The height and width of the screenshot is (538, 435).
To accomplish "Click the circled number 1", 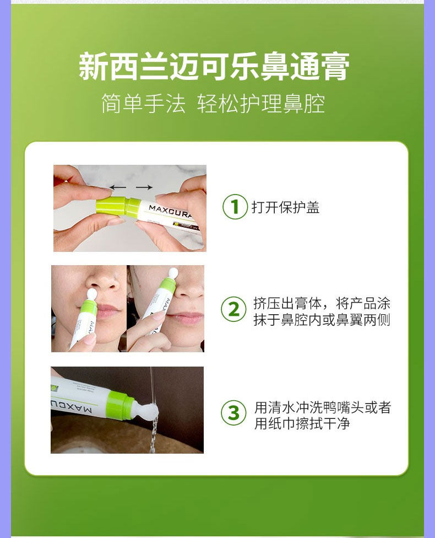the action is coord(235,207).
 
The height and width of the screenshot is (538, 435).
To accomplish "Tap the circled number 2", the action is coord(233,309).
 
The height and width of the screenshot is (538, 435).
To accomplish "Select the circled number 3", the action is coord(233,413).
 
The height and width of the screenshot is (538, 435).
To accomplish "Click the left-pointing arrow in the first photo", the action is coord(118,187).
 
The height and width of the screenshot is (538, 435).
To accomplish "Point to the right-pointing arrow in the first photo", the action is coord(144,187).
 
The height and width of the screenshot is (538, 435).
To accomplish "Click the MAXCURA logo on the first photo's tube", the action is coord(171,212).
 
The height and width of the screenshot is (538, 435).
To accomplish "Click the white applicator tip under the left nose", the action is coord(92,294).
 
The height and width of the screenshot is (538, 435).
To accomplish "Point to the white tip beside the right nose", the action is coord(173,273).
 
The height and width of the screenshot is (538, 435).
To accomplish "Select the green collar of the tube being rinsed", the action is coord(120,405).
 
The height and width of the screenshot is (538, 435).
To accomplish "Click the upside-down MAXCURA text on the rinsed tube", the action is coord(72,406).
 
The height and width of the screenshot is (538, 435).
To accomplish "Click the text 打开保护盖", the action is coord(286,207).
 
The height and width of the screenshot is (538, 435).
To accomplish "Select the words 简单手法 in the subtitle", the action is coord(143,104).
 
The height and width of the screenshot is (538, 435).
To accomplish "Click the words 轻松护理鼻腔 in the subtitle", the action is coord(261,104).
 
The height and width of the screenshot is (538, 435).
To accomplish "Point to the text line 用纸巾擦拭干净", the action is coord(302,423).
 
